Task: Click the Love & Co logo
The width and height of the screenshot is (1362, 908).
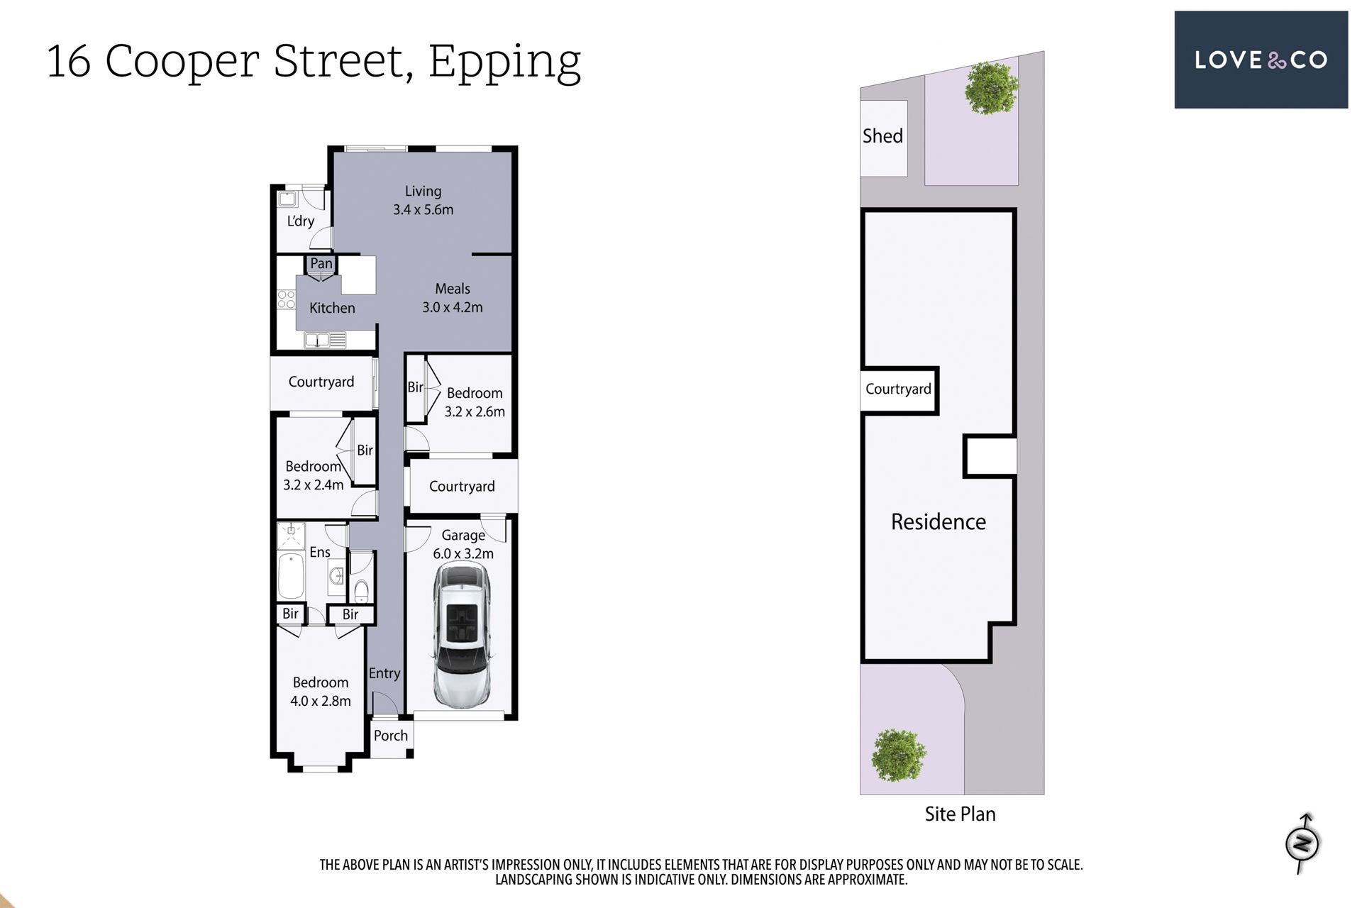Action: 1261,60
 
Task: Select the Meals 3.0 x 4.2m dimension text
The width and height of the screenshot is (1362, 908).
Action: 453,307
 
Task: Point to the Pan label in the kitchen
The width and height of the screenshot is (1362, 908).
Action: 321,263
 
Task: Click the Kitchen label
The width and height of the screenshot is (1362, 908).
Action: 332,308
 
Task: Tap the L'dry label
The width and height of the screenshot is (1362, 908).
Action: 301,221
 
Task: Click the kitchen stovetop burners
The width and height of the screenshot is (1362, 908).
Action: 286,299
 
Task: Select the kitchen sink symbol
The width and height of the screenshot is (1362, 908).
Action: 325,340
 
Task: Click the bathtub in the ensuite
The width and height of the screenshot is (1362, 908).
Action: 291,577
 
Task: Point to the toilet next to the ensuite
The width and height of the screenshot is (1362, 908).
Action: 361,590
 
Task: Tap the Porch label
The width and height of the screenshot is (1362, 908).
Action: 391,736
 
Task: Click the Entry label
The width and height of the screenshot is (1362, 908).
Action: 384,673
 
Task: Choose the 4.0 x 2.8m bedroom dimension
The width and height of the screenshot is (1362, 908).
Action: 321,701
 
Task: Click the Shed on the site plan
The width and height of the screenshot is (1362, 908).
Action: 883,138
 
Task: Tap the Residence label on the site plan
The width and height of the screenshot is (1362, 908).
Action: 939,521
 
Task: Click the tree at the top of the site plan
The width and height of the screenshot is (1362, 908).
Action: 991,88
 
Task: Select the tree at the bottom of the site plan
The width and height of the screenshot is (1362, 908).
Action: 899,755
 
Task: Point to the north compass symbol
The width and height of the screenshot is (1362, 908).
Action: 1303,843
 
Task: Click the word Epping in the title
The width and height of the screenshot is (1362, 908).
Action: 504,62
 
